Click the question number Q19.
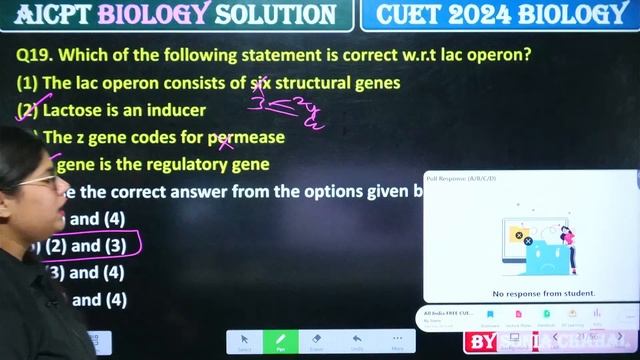(34, 53)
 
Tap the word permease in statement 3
(246, 137)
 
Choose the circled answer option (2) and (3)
(86, 245)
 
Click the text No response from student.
(530, 293)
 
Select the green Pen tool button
(280, 341)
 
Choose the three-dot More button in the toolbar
(397, 341)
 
